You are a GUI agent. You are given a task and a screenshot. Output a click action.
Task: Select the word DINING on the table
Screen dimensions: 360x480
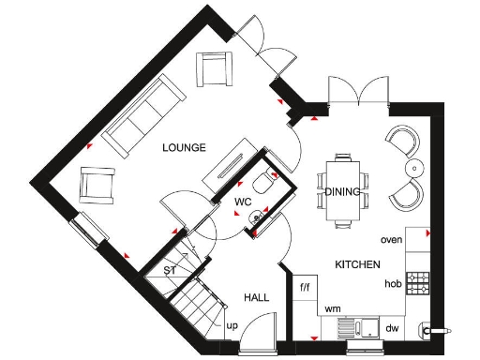(343, 192)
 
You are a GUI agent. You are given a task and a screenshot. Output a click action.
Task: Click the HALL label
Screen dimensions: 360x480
(257, 297)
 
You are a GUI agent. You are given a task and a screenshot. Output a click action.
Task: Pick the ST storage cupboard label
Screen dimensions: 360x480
(170, 271)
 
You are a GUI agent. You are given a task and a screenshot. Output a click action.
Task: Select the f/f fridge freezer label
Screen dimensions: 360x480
(305, 285)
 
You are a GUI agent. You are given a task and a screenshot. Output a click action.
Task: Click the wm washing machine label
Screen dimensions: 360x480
(332, 307)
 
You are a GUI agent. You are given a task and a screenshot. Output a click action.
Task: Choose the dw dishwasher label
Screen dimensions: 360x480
(392, 328)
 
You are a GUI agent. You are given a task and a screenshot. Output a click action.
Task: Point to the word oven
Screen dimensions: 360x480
(392, 240)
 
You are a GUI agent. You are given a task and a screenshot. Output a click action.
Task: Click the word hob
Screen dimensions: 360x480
(393, 283)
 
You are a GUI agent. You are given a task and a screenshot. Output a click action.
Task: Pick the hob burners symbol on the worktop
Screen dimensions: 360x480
(417, 280)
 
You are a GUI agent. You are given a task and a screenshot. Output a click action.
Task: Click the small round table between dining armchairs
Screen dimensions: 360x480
(412, 169)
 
